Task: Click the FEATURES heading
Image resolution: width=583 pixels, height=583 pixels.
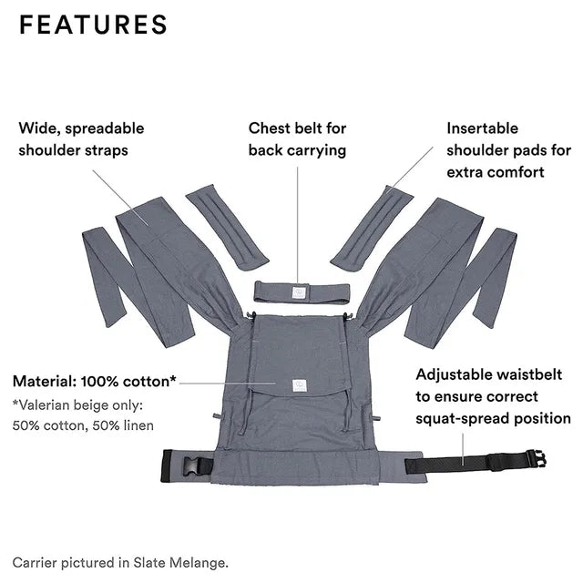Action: pyautogui.click(x=93, y=25)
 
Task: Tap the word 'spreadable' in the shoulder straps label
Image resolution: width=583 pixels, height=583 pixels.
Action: pyautogui.click(x=105, y=129)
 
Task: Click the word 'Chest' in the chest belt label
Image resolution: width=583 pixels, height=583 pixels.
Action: pyautogui.click(x=270, y=128)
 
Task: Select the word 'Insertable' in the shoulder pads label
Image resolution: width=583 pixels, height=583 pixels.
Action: pyautogui.click(x=482, y=128)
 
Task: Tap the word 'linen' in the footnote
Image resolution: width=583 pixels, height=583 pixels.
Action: pyautogui.click(x=138, y=425)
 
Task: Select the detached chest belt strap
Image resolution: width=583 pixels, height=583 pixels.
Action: pyautogui.click(x=302, y=292)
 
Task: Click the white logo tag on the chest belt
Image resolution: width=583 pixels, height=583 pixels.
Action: pyautogui.click(x=299, y=292)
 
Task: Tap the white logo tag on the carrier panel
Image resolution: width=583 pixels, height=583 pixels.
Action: pyautogui.click(x=300, y=385)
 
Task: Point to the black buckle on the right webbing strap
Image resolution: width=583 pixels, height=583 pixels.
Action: pyautogui.click(x=537, y=459)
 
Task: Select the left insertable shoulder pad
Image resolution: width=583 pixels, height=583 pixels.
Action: pyautogui.click(x=227, y=227)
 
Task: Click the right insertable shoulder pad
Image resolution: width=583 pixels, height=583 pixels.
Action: pyautogui.click(x=372, y=228)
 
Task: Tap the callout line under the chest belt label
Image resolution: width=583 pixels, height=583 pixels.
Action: pyautogui.click(x=298, y=225)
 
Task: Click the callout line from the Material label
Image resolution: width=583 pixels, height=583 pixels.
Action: pyautogui.click(x=228, y=383)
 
